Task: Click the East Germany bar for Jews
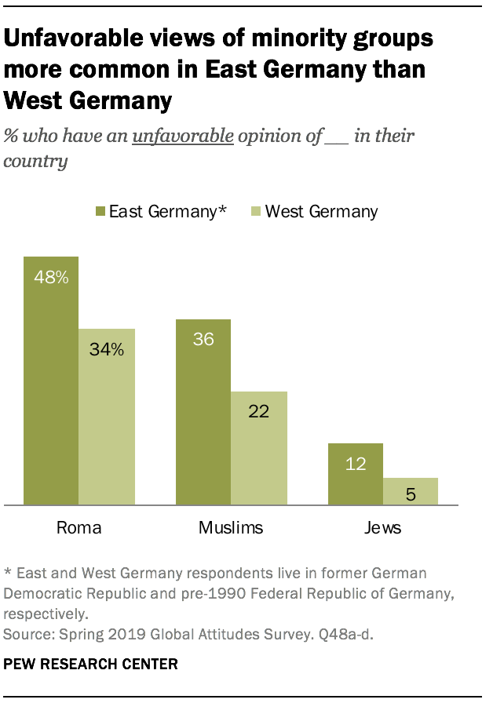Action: click(356, 474)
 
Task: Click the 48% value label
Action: click(51, 277)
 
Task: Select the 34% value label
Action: click(107, 349)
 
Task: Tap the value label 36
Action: click(203, 340)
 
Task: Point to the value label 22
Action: click(259, 412)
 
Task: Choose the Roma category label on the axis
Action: click(79, 527)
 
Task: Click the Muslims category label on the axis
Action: click(231, 527)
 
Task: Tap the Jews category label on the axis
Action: click(383, 527)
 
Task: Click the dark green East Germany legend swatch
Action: click(100, 211)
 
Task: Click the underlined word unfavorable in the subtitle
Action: click(183, 137)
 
